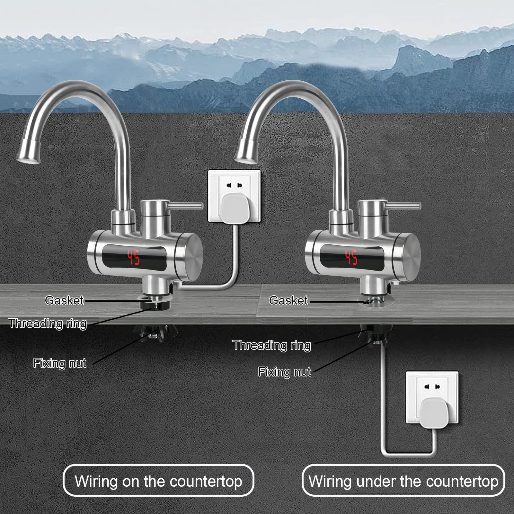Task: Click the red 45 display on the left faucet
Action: (x=134, y=258)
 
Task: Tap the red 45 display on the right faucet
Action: (x=351, y=258)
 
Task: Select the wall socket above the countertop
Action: (x=234, y=196)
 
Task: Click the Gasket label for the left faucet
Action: (x=64, y=300)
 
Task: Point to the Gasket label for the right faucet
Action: (x=288, y=300)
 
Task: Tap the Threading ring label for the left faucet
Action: (x=48, y=323)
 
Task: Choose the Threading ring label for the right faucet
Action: (x=272, y=345)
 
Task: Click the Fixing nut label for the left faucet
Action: (x=60, y=363)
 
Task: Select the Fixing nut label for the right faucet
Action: (x=285, y=372)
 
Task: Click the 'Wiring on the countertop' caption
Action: (x=158, y=481)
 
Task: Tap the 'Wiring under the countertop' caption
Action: (x=403, y=481)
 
